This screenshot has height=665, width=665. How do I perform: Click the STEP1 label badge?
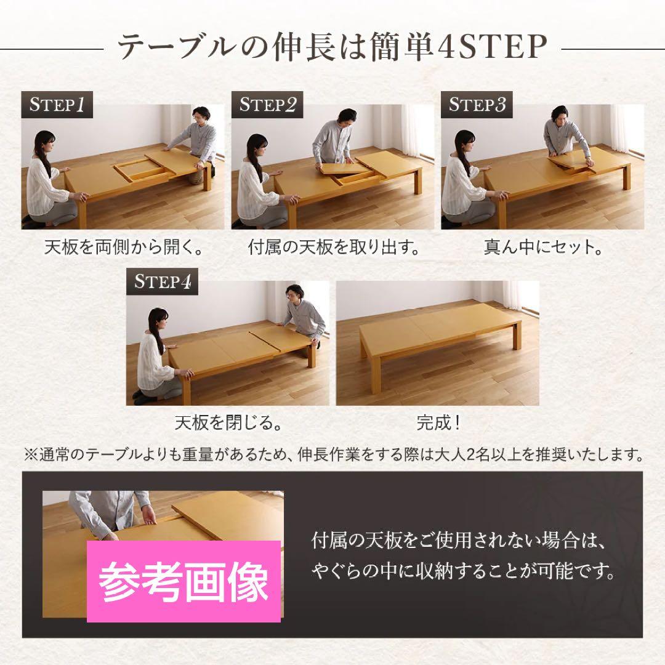(57, 104)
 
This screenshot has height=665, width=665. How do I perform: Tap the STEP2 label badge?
(267, 104)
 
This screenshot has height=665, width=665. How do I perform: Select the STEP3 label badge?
(477, 104)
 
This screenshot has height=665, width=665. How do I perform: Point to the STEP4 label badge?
(162, 281)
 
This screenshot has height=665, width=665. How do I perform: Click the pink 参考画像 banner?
(183, 581)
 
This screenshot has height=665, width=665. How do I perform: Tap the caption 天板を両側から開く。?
(123, 248)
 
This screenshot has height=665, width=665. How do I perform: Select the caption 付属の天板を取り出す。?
(333, 248)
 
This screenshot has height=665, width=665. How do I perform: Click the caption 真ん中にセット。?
(543, 248)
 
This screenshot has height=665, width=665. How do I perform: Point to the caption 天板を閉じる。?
(228, 423)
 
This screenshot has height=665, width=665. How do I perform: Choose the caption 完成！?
(438, 423)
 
